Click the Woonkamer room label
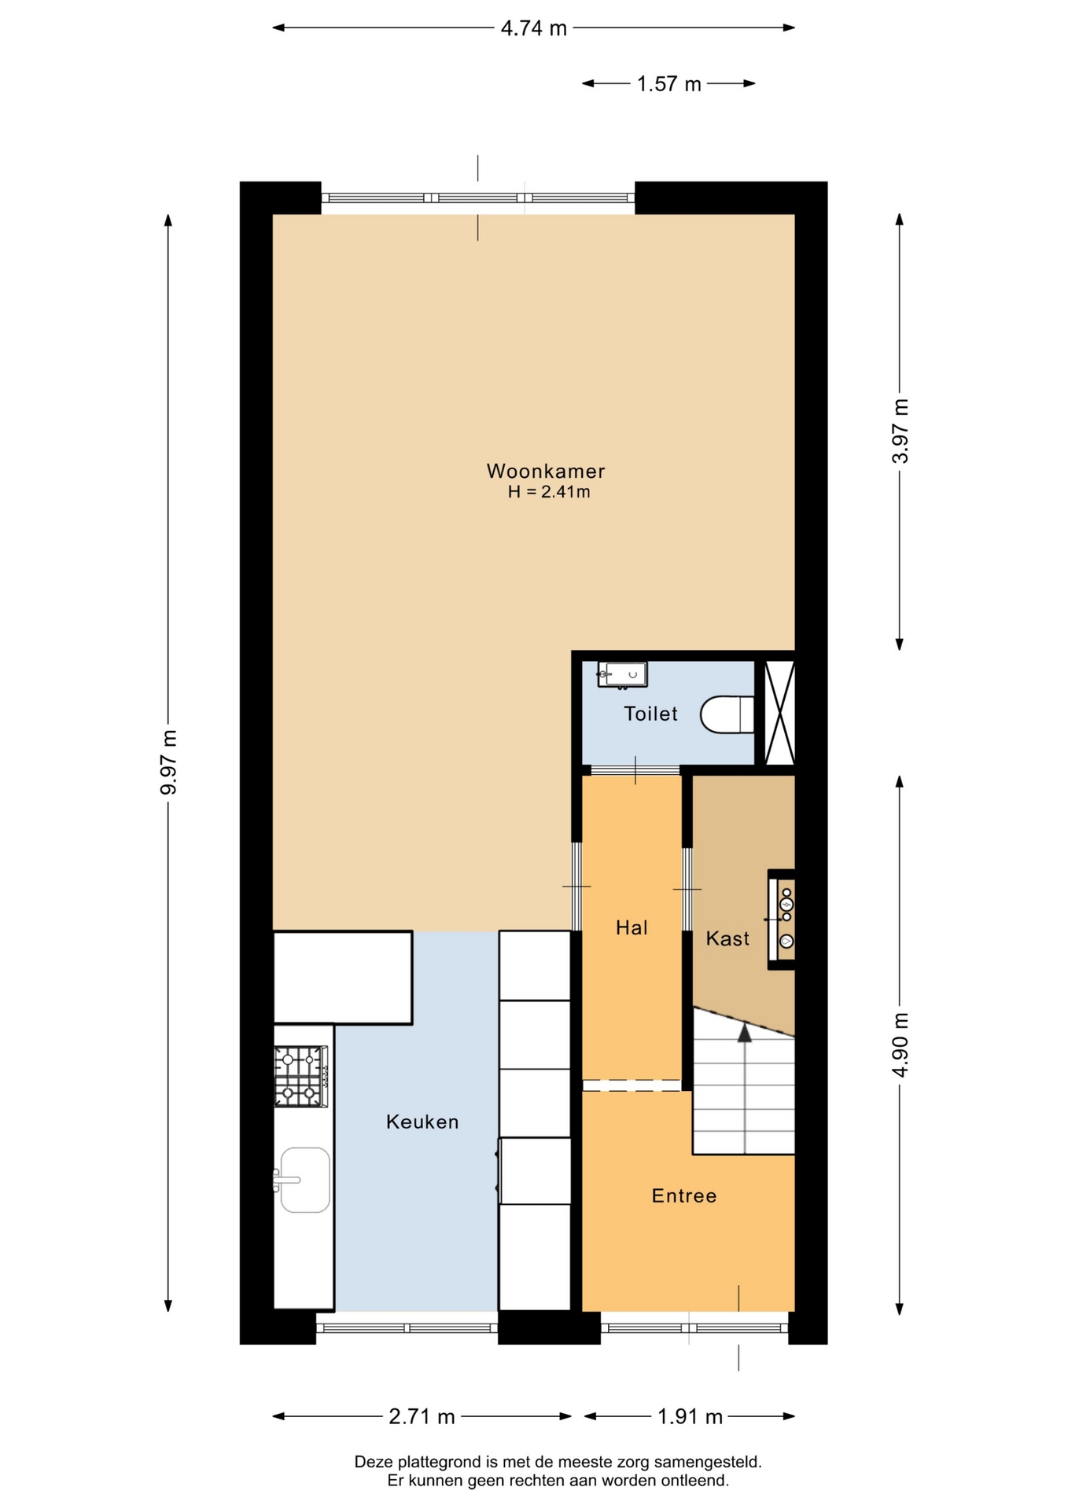tap(546, 472)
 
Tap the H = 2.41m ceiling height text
tap(549, 493)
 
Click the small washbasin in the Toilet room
tap(622, 674)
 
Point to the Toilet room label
tap(650, 714)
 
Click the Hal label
tap(632, 928)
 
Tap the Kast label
tap(727, 938)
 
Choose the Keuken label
tap(422, 1122)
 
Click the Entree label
tap(684, 1196)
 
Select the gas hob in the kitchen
tap(300, 1076)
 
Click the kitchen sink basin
tap(304, 1180)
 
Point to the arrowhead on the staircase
tap(744, 1033)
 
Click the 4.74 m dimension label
tap(534, 28)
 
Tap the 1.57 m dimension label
tap(668, 84)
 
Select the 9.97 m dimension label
tap(169, 762)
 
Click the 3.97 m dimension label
tap(900, 431)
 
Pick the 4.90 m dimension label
tap(900, 1045)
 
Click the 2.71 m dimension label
tap(422, 1416)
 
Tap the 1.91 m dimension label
tap(690, 1416)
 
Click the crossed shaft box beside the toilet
tap(780, 714)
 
